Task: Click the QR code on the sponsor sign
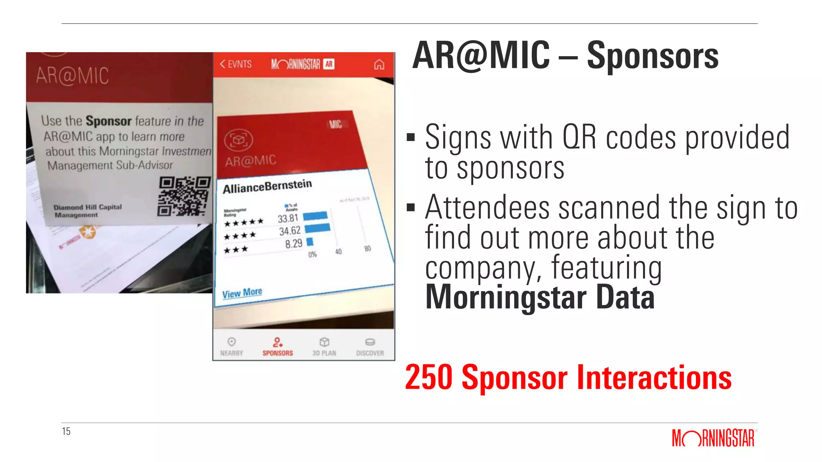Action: click(x=184, y=196)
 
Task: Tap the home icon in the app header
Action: click(x=379, y=64)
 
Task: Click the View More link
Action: click(x=242, y=293)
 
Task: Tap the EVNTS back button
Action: click(x=236, y=64)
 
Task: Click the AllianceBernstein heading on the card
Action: click(x=267, y=186)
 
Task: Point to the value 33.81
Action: click(x=288, y=219)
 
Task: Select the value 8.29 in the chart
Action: click(x=293, y=244)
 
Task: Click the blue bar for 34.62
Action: click(x=317, y=229)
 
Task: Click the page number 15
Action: click(x=66, y=431)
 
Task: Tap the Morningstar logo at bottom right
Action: click(x=713, y=438)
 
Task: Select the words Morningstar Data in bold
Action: click(x=540, y=297)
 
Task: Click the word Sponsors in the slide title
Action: click(x=653, y=56)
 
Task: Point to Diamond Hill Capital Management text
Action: click(x=87, y=211)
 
